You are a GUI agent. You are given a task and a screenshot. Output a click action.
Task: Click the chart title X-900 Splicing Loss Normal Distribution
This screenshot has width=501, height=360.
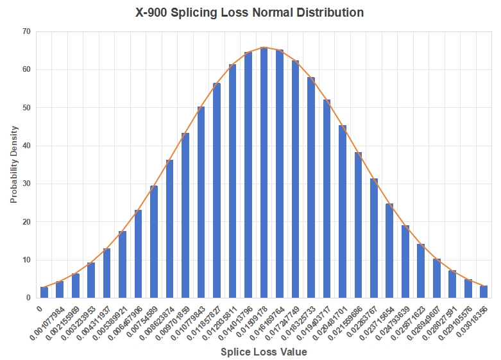point(250,12)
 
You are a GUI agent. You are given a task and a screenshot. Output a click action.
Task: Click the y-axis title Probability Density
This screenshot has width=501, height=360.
point(13,164)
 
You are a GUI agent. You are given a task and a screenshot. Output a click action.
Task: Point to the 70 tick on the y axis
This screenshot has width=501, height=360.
point(26,31)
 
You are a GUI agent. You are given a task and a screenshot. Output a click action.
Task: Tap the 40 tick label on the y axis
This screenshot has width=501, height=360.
point(26,146)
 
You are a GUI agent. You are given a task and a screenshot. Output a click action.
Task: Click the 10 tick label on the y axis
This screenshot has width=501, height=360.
point(26,260)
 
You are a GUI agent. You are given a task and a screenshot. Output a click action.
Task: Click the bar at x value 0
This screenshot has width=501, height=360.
point(44,293)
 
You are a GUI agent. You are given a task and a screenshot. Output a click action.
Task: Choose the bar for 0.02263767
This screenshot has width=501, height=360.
point(374,238)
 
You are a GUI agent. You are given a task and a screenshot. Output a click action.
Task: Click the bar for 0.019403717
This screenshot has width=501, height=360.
point(327,199)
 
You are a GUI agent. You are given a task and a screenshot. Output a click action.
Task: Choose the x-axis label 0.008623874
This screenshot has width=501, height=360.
point(157,320)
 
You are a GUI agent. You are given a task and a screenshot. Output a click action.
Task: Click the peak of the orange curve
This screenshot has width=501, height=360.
point(264,47)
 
